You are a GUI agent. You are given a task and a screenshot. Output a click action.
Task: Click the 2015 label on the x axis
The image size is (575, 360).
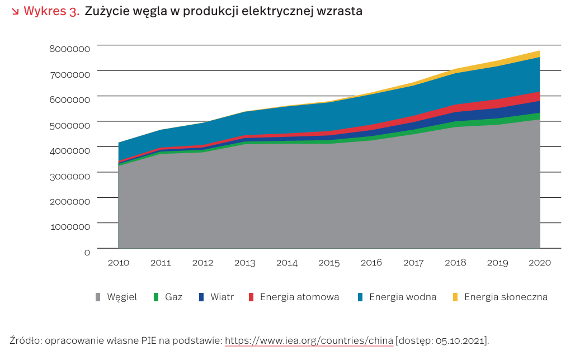(329, 263)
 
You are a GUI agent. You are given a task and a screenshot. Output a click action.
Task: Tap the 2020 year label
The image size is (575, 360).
(540, 263)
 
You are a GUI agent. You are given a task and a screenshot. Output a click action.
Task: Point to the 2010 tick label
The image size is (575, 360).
(118, 263)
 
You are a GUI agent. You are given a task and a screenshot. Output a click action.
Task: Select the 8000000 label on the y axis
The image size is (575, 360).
(69, 49)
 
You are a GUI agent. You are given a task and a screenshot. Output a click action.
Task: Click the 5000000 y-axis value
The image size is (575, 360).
(69, 125)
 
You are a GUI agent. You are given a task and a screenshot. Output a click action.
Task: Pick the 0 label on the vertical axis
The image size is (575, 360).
(87, 252)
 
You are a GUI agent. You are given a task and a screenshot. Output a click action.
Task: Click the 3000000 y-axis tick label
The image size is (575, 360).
(69, 176)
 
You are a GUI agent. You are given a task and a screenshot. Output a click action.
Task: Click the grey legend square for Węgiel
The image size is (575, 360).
(99, 297)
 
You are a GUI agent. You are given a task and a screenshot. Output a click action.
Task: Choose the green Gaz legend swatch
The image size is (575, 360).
(157, 297)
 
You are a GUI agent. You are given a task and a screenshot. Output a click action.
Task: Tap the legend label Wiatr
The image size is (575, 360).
(222, 297)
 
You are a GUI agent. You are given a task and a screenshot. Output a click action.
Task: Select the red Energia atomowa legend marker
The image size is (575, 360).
(251, 297)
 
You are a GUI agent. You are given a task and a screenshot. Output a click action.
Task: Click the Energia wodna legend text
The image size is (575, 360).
(403, 297)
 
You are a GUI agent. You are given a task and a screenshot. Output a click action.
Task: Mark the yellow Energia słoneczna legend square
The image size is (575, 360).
(455, 297)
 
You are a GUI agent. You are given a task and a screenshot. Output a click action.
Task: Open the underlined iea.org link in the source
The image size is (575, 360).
(309, 340)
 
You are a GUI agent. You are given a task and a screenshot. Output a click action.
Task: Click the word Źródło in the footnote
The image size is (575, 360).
(26, 340)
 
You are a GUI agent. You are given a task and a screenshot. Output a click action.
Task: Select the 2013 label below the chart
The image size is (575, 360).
(244, 263)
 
